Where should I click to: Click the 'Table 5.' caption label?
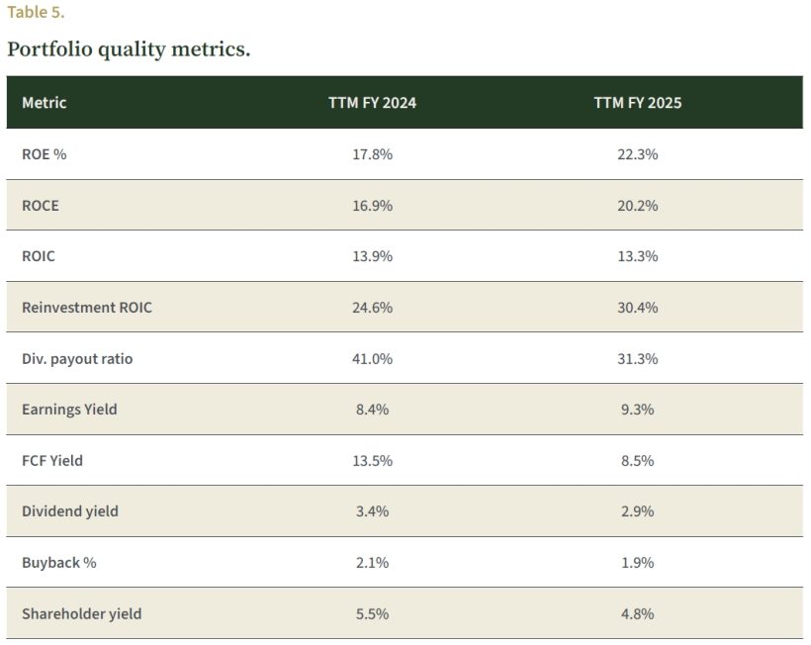36,13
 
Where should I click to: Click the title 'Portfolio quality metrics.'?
129,48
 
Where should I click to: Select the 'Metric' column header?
45,103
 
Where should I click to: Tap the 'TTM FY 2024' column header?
372,103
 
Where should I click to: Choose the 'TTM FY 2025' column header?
637,103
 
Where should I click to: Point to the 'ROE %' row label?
45,154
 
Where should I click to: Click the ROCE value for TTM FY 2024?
372,206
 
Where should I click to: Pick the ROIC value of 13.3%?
637,256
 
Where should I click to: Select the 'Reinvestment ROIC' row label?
87,308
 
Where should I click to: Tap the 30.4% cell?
637,308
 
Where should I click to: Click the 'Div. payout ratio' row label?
77,359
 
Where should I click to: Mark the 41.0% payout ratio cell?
372,359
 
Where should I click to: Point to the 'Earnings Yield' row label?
69,410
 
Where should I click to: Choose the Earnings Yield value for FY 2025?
637,410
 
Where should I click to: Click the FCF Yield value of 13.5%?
372,461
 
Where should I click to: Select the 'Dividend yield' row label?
70,511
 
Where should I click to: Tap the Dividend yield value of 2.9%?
637,511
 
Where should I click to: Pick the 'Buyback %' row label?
59,563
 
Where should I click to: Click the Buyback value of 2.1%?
372,563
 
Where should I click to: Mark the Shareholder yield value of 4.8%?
637,614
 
